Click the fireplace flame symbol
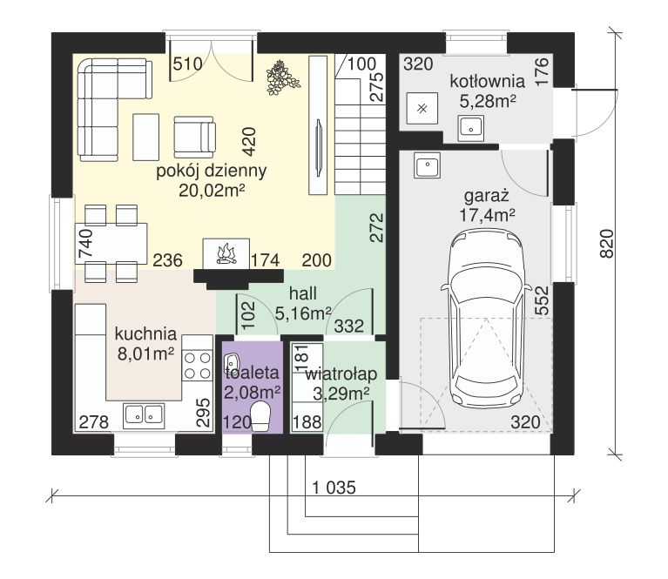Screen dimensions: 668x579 226,254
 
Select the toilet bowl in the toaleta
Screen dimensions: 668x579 260,417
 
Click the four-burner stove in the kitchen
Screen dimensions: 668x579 197,366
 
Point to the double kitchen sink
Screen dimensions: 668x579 144,415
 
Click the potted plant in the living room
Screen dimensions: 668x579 281,77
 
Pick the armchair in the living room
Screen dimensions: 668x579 194,137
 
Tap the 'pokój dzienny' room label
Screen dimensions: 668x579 212,171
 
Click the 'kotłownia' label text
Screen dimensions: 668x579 488,81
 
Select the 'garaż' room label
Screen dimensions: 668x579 487,197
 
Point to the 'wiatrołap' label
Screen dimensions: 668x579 341,374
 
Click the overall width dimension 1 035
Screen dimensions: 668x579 334,488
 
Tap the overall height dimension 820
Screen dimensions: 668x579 607,243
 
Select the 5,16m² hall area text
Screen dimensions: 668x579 303,313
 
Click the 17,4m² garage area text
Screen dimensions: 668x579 487,215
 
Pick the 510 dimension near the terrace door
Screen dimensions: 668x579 188,64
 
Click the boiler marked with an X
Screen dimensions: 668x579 422,108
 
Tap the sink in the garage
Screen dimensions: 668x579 428,165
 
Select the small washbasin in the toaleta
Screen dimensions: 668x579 233,362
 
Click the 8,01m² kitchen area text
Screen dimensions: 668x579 145,353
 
